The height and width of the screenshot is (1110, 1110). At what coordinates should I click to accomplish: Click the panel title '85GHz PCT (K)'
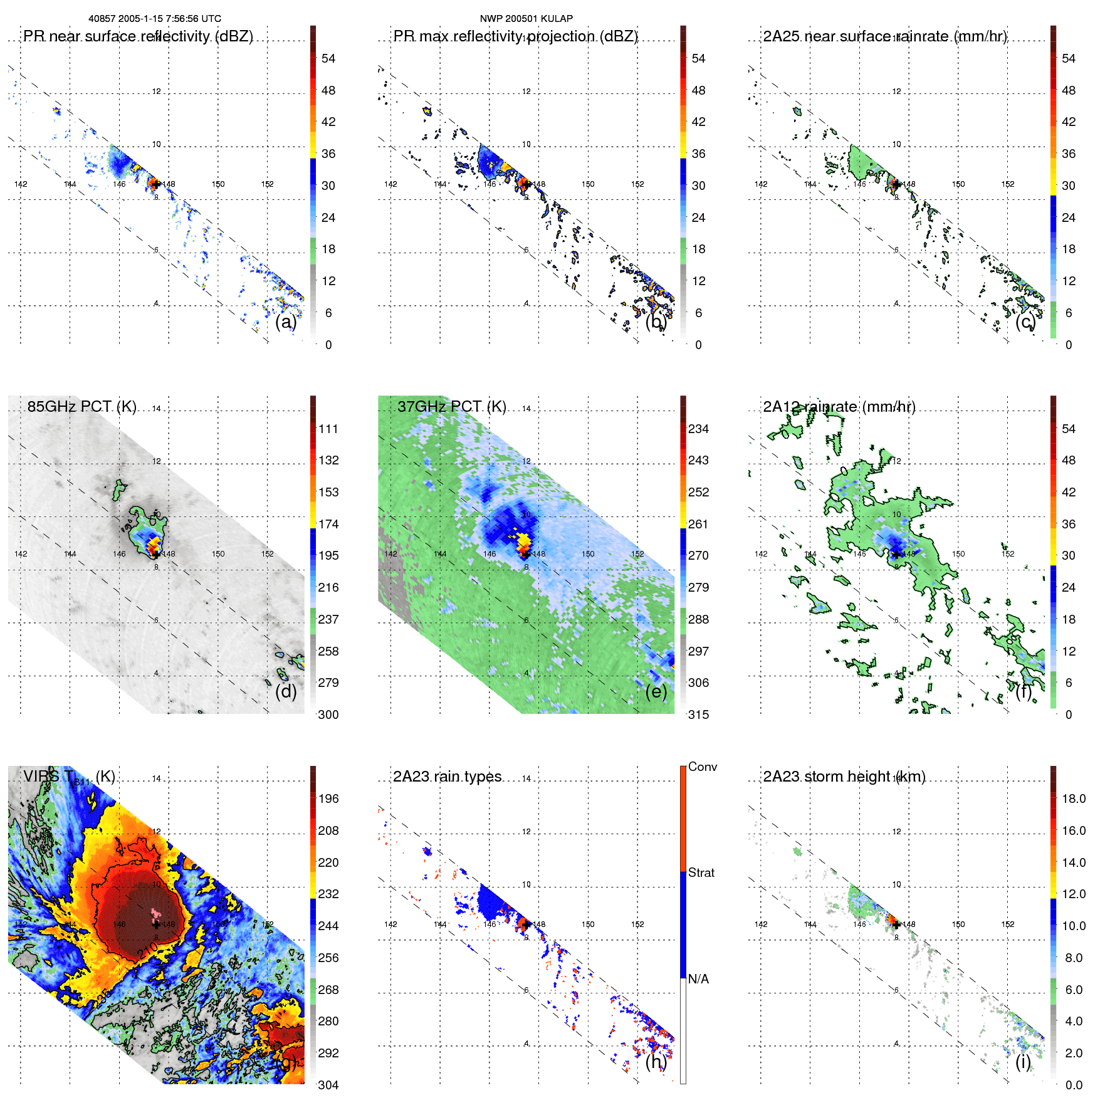pos(81,407)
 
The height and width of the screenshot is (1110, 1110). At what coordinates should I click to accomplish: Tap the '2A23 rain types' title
pos(447,777)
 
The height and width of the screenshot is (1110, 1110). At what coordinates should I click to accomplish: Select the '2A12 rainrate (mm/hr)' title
pos(839,407)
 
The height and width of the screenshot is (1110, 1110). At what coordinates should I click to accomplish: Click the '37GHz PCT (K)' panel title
pos(451,407)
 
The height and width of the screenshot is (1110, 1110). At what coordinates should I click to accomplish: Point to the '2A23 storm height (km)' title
pos(844,777)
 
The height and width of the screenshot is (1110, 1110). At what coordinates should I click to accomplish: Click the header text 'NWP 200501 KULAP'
pos(526,19)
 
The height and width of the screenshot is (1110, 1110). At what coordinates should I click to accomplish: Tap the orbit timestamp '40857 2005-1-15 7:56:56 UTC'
pos(154,19)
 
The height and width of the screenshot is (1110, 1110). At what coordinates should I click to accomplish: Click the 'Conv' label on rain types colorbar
pos(702,767)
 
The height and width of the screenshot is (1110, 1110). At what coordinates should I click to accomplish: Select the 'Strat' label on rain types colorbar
pos(701,872)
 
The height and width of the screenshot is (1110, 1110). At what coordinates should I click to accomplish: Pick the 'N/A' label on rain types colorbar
pos(698,979)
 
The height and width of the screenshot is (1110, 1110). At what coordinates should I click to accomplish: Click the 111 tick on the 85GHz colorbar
pos(328,429)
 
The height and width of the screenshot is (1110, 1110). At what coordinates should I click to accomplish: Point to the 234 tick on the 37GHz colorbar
pos(698,429)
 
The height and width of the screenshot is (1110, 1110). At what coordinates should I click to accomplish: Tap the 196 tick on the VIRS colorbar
pos(328,798)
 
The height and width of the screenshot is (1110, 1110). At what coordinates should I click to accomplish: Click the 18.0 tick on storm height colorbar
pos(1073,798)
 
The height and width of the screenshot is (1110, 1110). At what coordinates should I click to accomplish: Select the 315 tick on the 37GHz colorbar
pos(698,715)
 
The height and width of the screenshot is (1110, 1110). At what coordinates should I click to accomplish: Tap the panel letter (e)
pos(656,691)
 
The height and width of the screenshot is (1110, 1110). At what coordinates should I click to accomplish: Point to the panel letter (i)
pos(1023,1062)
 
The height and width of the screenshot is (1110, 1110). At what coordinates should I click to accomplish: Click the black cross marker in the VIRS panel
pos(156,924)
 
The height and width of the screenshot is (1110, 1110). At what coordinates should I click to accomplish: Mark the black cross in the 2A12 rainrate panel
pos(896,554)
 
